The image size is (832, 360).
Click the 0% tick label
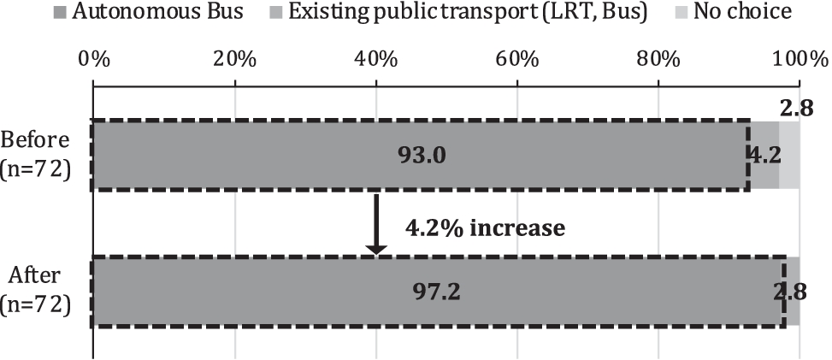point(93,59)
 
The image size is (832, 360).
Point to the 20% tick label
point(234,59)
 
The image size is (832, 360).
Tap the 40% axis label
point(376,59)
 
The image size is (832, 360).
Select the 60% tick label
point(517,59)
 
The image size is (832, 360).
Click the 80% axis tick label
point(658,59)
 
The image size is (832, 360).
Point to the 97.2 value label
point(437,292)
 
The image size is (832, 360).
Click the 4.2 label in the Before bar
point(763,155)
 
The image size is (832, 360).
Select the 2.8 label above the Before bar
point(797,109)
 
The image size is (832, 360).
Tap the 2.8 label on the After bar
point(788,292)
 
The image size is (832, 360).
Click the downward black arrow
point(376,223)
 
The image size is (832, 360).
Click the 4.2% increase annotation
point(484,228)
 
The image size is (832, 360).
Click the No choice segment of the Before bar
point(789,155)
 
